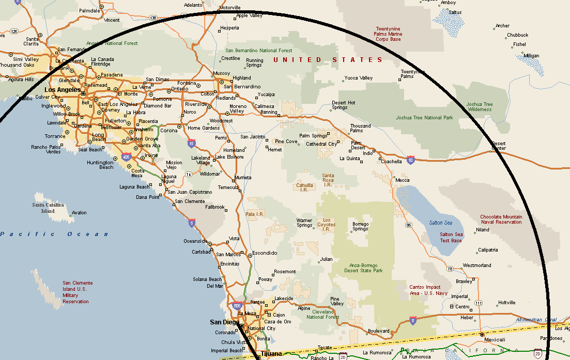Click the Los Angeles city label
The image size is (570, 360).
coord(59,90)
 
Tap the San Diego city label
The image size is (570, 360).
coord(224,322)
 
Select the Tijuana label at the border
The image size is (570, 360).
coord(271,354)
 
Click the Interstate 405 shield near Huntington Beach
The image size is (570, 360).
coord(126,156)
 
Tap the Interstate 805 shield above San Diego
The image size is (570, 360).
coord(237,306)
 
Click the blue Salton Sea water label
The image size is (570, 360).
coord(440,223)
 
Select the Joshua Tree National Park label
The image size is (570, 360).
coord(424,118)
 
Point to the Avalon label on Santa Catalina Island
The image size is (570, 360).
coord(79,213)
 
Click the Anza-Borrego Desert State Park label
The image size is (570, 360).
coord(363,268)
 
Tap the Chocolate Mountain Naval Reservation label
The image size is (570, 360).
coord(501,220)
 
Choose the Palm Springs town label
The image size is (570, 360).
coord(313,136)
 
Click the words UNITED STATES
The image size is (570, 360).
coord(328,60)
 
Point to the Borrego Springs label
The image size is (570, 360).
coord(360,226)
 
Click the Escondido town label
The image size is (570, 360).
coord(265,253)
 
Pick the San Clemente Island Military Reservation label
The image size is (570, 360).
coord(78,292)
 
